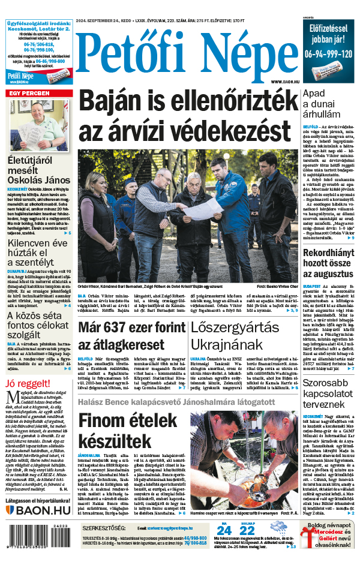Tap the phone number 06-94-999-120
point(329,53)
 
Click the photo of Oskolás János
point(38,126)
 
